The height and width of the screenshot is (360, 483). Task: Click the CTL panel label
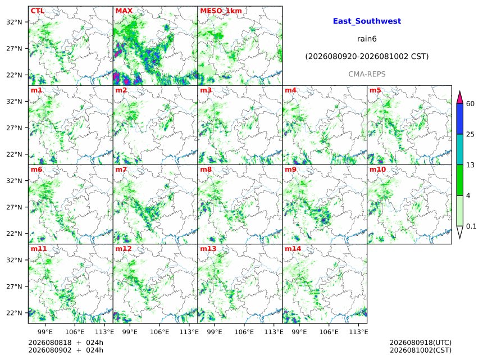(37, 11)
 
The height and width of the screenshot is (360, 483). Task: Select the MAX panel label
(124, 11)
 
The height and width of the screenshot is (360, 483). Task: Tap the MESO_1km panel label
(221, 11)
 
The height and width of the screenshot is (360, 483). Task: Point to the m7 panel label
(121, 170)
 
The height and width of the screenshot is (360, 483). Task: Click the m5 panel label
(375, 90)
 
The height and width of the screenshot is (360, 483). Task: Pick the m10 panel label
(377, 170)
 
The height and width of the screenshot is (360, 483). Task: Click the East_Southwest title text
(367, 21)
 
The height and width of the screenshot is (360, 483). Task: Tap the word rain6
(367, 39)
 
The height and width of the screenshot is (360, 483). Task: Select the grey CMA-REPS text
(367, 74)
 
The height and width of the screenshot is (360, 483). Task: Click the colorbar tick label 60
(470, 103)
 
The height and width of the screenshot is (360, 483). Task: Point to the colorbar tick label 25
(470, 134)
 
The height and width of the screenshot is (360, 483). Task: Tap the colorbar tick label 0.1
(471, 226)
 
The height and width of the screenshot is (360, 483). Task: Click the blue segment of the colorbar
(459, 119)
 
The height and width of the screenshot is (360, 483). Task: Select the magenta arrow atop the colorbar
(459, 98)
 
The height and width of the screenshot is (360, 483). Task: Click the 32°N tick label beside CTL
(14, 22)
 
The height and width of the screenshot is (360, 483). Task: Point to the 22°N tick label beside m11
(14, 313)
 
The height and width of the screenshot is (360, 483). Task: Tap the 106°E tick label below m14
(329, 332)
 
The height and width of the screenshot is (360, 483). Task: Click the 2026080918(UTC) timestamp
(421, 343)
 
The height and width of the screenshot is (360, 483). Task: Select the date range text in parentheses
(367, 57)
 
